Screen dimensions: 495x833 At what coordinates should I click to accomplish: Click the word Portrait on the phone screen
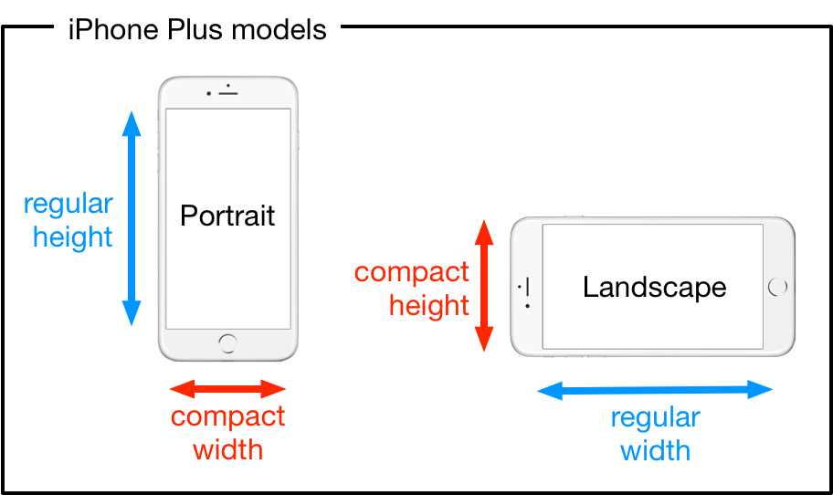tap(227, 216)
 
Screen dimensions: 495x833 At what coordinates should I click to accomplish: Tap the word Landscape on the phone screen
tap(654, 287)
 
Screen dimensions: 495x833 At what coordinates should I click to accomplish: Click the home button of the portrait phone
tap(227, 342)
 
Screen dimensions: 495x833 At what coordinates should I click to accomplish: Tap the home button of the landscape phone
tap(778, 287)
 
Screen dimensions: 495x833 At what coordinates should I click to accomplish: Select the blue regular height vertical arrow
tap(132, 218)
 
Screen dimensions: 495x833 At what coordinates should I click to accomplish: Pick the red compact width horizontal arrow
tap(228, 389)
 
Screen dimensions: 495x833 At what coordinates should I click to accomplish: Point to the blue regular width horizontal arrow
tap(655, 391)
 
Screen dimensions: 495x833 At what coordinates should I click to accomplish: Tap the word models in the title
tap(279, 29)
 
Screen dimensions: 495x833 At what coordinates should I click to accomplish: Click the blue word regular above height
tap(69, 205)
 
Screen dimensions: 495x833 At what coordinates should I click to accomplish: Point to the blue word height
tap(73, 237)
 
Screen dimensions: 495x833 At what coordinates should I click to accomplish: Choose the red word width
tap(228, 449)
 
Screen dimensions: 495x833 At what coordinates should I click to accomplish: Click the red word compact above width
tap(228, 417)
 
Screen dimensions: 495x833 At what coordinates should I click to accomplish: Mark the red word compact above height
tap(412, 272)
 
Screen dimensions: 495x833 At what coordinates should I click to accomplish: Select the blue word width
tap(655, 450)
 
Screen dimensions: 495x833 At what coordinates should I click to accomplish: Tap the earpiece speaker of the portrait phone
tap(227, 93)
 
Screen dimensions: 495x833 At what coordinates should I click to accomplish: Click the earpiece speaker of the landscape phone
tap(529, 287)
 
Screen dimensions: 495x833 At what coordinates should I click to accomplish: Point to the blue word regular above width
tap(655, 418)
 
